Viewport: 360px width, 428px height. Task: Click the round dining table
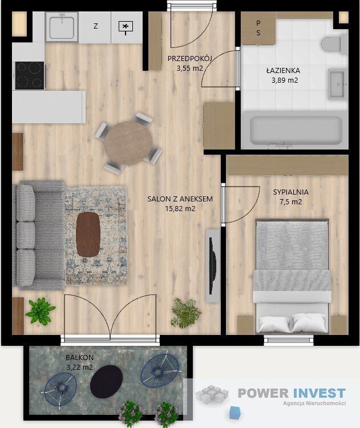tap(128, 143)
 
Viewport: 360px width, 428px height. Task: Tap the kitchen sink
tap(61, 26)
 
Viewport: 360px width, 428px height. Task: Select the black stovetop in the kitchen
tap(29, 75)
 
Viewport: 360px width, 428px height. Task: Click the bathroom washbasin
tap(338, 84)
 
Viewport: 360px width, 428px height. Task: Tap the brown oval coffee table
tap(88, 235)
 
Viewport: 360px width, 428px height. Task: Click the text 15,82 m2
tap(180, 208)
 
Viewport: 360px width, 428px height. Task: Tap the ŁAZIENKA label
tap(283, 71)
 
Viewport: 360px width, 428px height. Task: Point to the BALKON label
tap(79, 358)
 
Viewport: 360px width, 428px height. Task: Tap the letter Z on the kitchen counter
tap(95, 26)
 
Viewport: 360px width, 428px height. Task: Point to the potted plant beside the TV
tap(185, 313)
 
